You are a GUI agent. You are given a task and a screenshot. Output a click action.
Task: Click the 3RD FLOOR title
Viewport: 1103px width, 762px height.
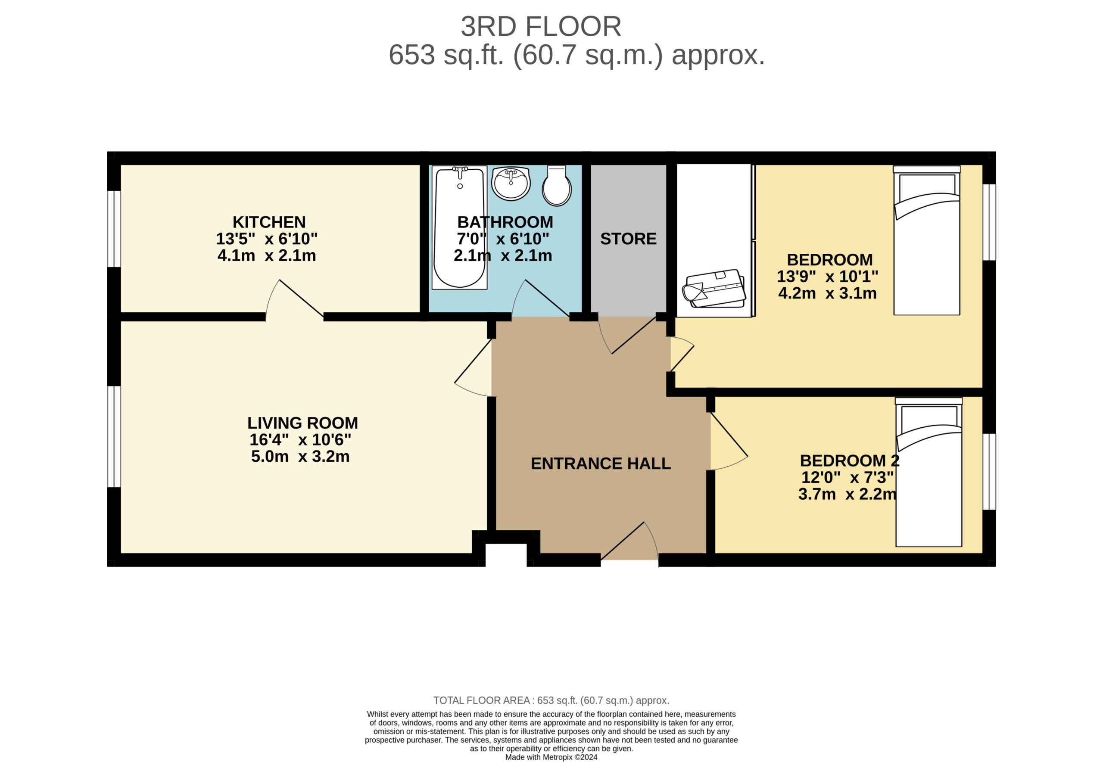541,27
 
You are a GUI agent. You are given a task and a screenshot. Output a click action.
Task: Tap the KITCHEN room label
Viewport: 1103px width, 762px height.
269,222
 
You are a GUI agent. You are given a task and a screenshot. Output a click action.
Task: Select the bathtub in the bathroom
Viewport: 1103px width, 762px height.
459,227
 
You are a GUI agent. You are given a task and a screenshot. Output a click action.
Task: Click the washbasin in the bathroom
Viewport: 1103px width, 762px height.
511,184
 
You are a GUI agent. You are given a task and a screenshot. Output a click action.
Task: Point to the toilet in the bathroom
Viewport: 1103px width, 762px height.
556,186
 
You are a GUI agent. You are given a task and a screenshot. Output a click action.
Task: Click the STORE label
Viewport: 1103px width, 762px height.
628,239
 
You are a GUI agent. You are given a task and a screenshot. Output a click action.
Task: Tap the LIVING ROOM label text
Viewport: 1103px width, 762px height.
302,423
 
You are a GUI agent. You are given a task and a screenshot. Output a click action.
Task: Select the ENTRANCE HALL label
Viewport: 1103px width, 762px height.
601,463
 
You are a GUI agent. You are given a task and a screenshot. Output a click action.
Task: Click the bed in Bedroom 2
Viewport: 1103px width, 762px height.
928,472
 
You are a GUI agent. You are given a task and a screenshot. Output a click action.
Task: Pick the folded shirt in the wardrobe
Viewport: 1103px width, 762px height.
714,289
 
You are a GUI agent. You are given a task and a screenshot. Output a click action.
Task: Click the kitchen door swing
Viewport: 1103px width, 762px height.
294,299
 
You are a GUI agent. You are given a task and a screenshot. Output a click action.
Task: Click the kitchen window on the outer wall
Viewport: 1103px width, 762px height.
114,229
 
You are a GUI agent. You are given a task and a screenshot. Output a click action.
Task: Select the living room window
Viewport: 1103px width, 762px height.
114,436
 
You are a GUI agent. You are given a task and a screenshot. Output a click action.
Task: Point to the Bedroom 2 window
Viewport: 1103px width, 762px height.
989,472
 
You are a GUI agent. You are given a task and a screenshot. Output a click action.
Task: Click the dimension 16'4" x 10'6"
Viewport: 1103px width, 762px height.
300,440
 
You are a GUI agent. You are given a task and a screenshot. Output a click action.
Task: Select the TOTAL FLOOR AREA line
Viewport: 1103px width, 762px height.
551,700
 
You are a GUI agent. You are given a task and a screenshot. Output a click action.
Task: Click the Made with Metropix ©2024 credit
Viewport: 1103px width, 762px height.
551,757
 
